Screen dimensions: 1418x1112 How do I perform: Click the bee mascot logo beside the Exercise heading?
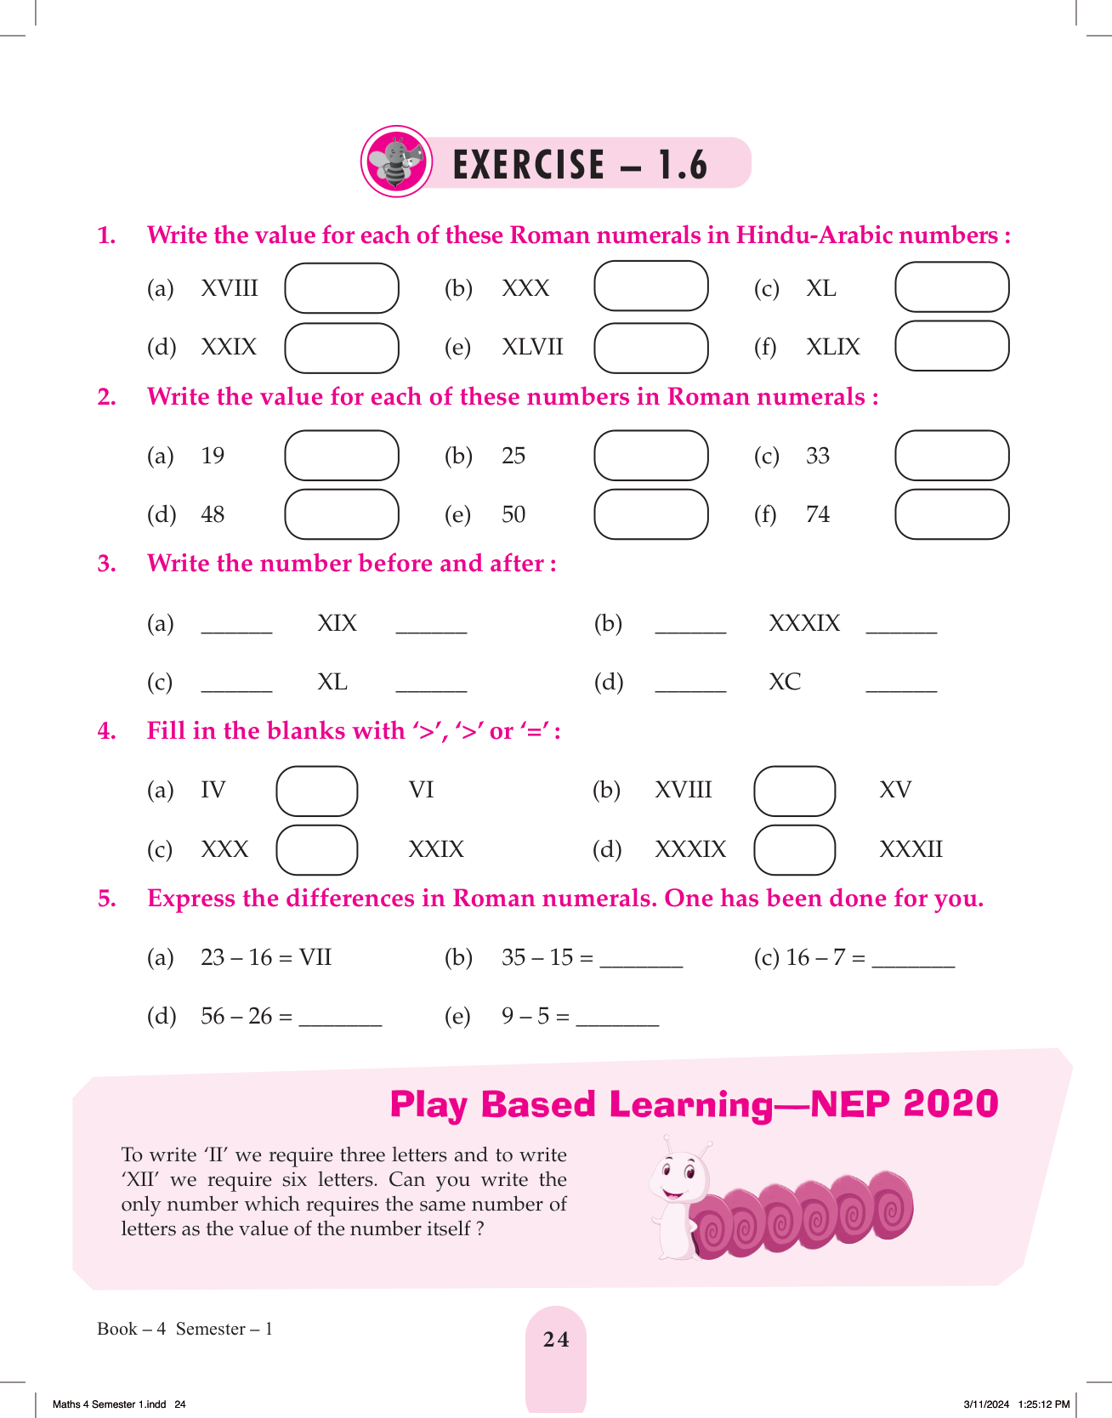click(x=396, y=162)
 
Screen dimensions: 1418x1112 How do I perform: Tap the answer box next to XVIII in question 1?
click(x=341, y=288)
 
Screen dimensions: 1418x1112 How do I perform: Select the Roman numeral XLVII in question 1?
click(x=532, y=347)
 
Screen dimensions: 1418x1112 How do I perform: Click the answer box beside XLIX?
click(x=951, y=346)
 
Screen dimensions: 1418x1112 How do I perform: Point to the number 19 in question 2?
click(x=213, y=456)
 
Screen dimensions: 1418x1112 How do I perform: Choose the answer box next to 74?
click(x=951, y=514)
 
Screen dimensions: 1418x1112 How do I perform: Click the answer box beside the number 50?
click(x=650, y=514)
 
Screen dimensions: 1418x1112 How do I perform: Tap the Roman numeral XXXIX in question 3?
click(x=803, y=623)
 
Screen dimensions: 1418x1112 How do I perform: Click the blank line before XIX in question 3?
click(x=236, y=629)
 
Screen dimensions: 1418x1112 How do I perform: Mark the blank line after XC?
click(x=901, y=687)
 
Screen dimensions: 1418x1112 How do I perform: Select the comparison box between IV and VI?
click(x=316, y=791)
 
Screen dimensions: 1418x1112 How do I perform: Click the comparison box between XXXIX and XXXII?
click(x=794, y=849)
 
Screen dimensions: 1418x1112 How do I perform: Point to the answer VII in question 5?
click(x=315, y=957)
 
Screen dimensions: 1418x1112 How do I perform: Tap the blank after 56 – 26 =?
click(x=340, y=1021)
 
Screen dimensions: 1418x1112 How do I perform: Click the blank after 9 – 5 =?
click(x=617, y=1021)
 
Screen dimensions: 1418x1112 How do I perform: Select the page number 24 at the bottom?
click(x=556, y=1339)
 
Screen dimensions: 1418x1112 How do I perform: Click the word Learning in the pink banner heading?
click(x=690, y=1104)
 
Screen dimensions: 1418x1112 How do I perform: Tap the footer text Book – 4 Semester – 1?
click(x=184, y=1329)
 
